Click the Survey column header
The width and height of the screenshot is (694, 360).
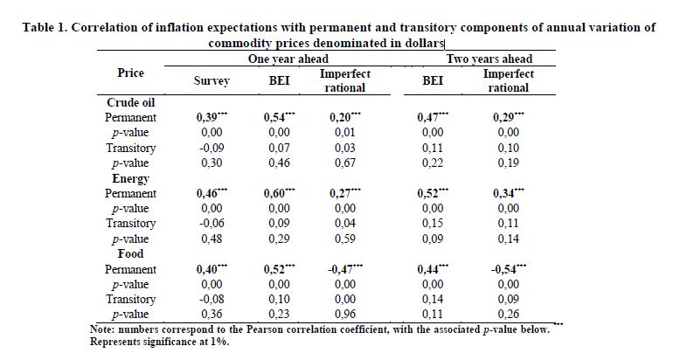pos(212,81)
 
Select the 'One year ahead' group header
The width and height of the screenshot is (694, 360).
pos(279,59)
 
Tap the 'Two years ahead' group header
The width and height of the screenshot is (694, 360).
pos(490,59)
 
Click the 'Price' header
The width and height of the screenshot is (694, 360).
pos(130,73)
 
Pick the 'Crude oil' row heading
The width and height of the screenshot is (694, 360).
pos(131,102)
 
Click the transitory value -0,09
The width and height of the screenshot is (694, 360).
pos(212,148)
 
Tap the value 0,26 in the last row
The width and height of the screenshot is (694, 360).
pos(509,315)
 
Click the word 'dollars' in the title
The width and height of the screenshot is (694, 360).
pos(423,43)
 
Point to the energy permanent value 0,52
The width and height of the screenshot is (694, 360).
pos(429,193)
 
